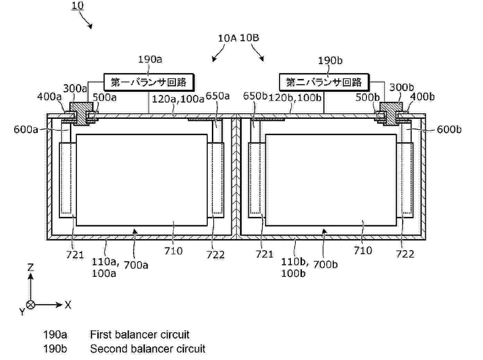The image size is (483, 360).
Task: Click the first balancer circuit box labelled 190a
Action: click(x=149, y=82)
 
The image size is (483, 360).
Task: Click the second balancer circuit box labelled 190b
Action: click(x=324, y=82)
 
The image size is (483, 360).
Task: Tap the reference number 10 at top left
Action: click(x=78, y=6)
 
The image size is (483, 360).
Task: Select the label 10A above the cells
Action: click(x=227, y=38)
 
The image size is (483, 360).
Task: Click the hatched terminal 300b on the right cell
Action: click(x=390, y=113)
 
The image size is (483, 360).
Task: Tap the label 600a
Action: click(x=26, y=130)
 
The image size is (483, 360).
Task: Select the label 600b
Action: click(x=449, y=129)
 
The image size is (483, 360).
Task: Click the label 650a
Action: click(x=218, y=96)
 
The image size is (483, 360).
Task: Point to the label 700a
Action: click(x=136, y=265)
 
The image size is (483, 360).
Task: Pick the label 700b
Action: click(x=325, y=264)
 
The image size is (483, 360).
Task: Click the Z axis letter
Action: click(x=30, y=267)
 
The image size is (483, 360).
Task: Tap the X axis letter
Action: click(x=68, y=305)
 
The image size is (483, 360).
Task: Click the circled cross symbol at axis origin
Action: click(x=31, y=305)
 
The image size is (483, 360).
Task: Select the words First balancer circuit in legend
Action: click(x=140, y=335)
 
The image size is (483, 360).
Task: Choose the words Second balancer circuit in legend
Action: click(x=147, y=349)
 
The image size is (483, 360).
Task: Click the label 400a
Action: click(x=49, y=96)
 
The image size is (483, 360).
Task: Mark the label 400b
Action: click(x=422, y=97)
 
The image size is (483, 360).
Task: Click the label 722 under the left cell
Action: click(x=215, y=255)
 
